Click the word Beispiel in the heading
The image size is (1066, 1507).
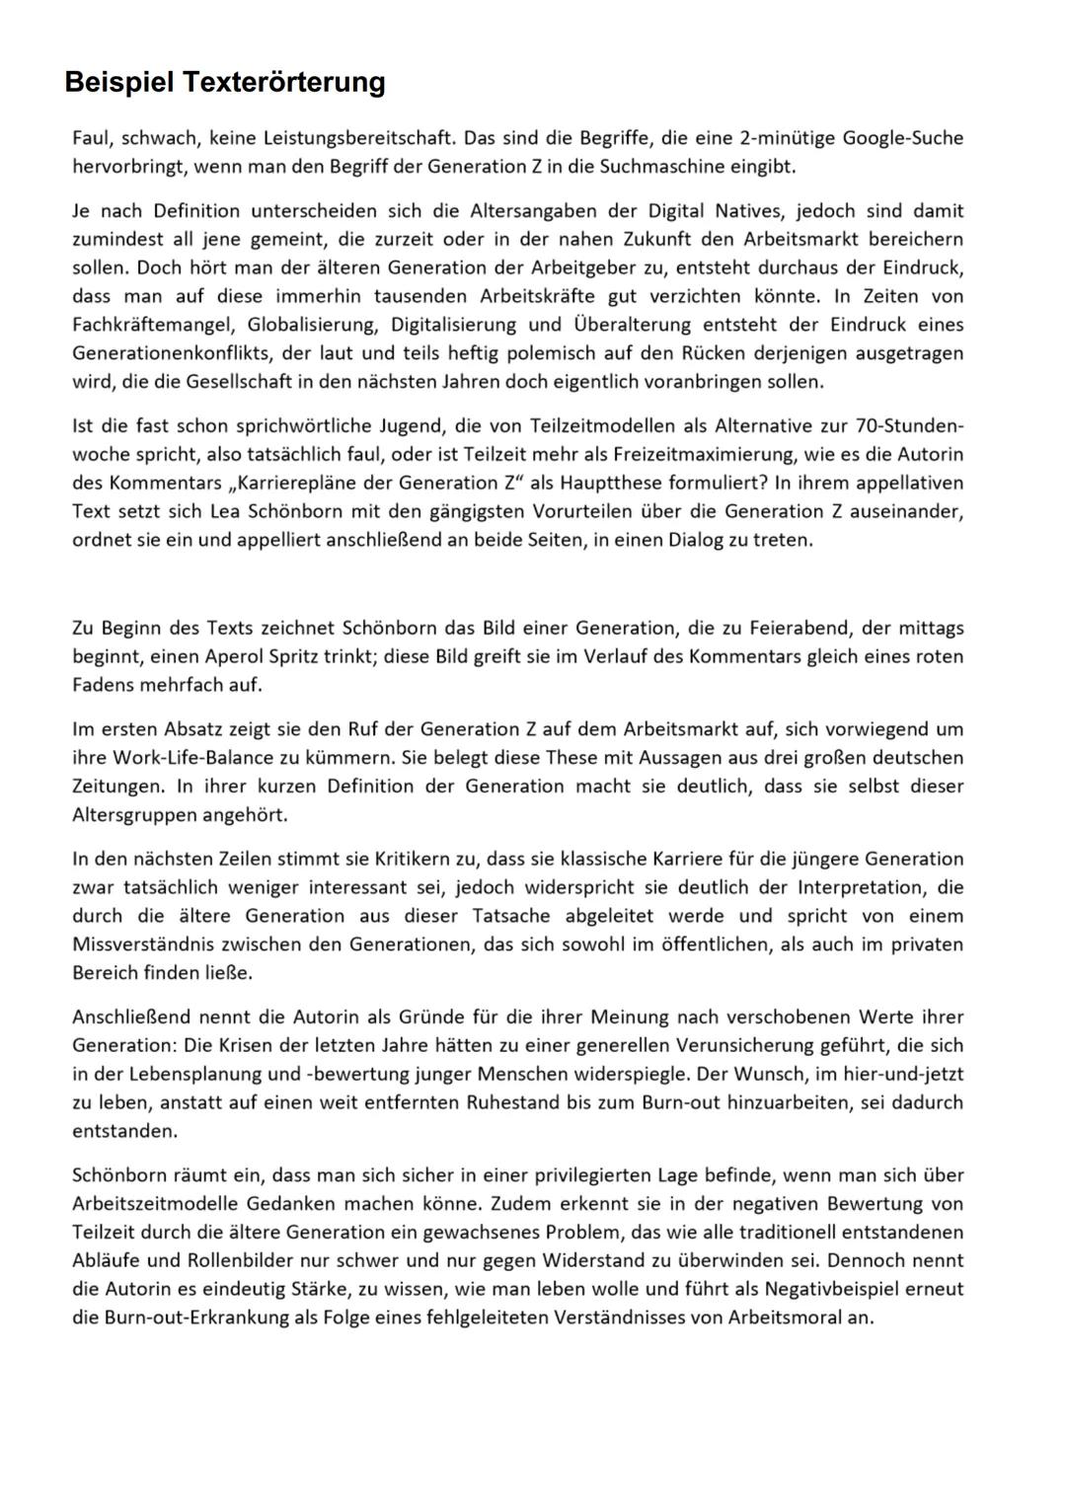coord(118,82)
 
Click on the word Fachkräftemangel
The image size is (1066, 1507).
coord(153,325)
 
